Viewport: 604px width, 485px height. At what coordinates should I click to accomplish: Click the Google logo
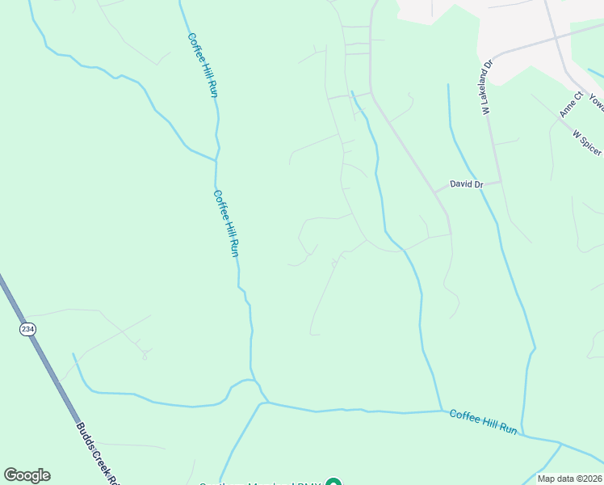tap(27, 474)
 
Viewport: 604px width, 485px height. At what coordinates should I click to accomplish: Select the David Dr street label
tap(466, 184)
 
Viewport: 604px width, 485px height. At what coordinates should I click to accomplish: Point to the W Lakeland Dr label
tap(487, 88)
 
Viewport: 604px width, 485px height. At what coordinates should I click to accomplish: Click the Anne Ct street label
tap(573, 105)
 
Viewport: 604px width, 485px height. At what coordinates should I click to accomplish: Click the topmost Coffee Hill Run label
tap(203, 65)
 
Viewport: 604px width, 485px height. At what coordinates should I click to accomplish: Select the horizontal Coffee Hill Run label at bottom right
tap(483, 422)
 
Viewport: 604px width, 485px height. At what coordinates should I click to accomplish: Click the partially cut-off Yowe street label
tap(597, 102)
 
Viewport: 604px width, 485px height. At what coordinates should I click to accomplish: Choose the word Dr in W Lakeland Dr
tap(488, 64)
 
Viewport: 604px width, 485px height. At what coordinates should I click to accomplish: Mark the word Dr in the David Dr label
tap(478, 184)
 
